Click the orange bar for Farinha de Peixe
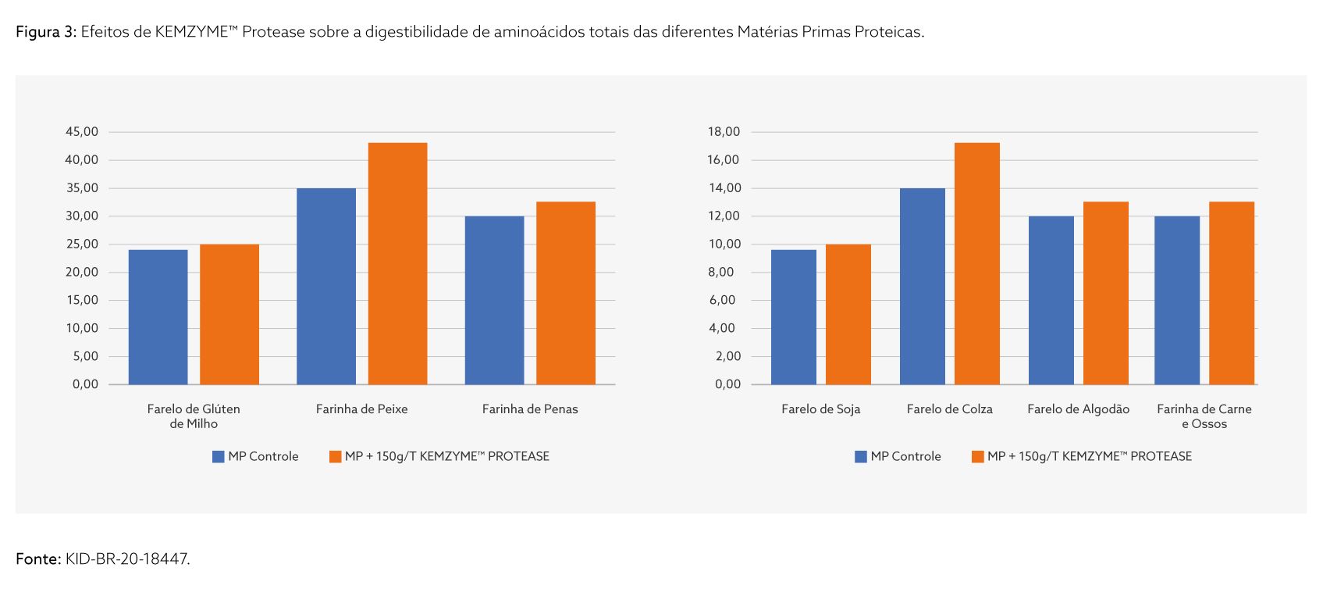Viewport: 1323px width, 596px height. (x=397, y=263)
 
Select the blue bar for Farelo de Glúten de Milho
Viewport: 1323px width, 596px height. (x=158, y=316)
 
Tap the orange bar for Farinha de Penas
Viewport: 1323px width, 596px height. (x=565, y=293)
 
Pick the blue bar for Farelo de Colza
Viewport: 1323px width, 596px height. (x=922, y=286)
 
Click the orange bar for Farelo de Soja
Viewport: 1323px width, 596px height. (x=848, y=314)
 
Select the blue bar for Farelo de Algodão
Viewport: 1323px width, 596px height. (x=1051, y=300)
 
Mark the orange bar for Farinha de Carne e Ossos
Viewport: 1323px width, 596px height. (x=1231, y=293)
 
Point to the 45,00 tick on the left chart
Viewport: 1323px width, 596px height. (x=82, y=132)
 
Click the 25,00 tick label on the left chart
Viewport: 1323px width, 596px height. (x=82, y=244)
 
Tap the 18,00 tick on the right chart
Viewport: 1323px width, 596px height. (x=724, y=132)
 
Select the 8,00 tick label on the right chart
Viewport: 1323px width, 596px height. (x=721, y=273)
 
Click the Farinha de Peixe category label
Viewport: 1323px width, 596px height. (x=361, y=409)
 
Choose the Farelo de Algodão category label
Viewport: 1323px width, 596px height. (x=1078, y=409)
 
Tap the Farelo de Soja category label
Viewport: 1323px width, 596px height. (x=820, y=409)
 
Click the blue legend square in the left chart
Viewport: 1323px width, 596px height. (x=219, y=457)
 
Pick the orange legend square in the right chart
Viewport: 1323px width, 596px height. (x=977, y=457)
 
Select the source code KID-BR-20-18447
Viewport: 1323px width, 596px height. (x=127, y=559)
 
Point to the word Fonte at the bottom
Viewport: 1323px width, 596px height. (x=37, y=559)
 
